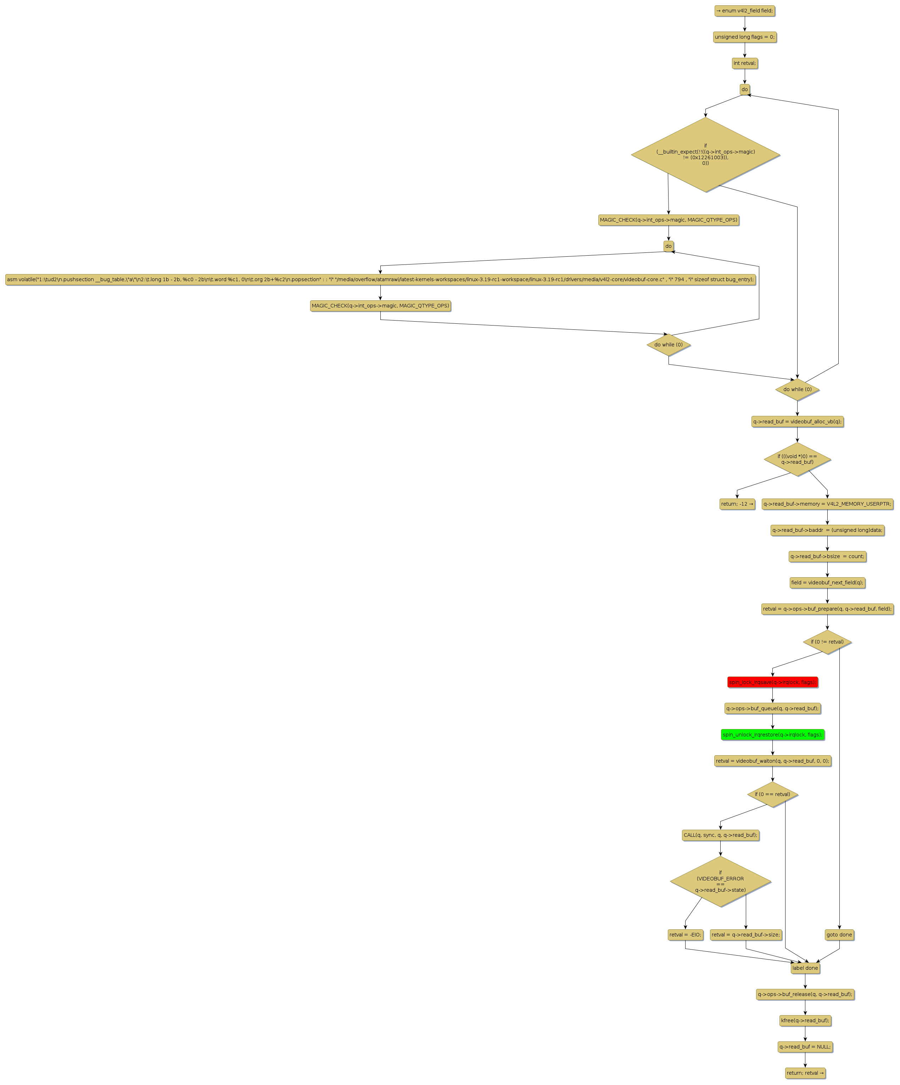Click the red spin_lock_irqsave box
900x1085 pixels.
tap(772, 682)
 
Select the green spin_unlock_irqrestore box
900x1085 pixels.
tap(772, 734)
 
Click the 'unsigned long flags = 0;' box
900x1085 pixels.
tap(744, 37)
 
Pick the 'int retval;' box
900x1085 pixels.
tap(744, 63)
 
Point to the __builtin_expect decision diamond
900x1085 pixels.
tap(705, 155)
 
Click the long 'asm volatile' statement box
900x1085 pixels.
tap(380, 279)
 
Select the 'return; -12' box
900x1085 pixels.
tap(737, 504)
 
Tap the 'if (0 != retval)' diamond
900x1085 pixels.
tap(827, 642)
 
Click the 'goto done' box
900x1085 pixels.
tap(839, 935)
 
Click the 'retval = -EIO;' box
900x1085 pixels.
tap(685, 935)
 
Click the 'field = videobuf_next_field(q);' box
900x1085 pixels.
tap(827, 582)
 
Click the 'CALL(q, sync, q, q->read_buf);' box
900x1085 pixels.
tap(720, 835)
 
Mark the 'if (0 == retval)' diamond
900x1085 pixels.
tap(772, 794)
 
